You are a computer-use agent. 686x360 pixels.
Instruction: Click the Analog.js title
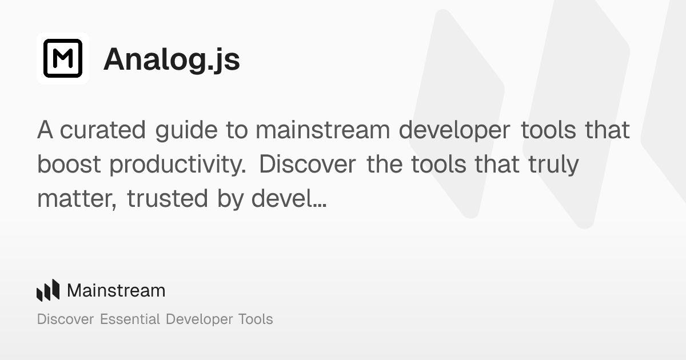[171, 59]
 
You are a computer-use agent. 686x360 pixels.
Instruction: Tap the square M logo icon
[63, 58]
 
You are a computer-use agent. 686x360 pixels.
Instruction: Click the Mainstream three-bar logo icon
[48, 290]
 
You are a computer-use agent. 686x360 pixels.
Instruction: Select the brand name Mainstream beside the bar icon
[116, 290]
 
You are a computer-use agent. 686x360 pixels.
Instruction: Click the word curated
[103, 130]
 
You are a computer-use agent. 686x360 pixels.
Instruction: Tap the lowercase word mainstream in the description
[322, 130]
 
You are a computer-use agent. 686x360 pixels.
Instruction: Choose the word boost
[69, 165]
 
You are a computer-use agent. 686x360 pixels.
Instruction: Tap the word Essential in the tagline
[130, 319]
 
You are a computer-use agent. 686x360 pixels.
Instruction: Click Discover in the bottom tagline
[65, 319]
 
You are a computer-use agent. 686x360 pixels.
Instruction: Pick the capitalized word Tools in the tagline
[254, 319]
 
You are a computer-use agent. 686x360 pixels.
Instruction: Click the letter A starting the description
[45, 130]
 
